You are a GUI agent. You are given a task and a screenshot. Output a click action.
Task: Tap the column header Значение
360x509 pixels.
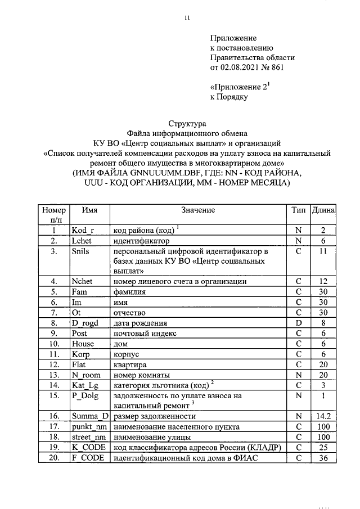tap(198, 210)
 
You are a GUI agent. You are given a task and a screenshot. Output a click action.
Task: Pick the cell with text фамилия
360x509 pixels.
tap(130, 292)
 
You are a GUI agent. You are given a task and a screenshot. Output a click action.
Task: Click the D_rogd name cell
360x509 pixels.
tap(85, 323)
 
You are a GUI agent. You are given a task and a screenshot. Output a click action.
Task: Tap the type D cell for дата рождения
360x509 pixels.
tap(299, 323)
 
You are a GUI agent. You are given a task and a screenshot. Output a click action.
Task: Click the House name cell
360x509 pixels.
tap(83, 344)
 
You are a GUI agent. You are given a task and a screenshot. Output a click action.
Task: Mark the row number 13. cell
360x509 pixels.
tap(54, 375)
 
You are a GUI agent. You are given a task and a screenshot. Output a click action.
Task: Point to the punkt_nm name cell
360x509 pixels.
tap(88, 426)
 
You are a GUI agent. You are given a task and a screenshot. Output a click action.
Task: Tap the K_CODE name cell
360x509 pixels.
tap(88, 447)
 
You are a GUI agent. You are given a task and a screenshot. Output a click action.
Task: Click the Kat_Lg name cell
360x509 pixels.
tap(85, 385)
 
